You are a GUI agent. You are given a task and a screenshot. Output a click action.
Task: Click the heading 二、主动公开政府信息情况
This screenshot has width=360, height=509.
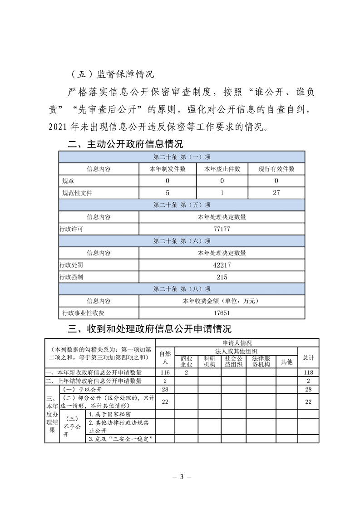(x=125, y=144)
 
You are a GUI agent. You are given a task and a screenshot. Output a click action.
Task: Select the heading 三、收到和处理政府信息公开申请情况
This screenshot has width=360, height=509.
(x=149, y=328)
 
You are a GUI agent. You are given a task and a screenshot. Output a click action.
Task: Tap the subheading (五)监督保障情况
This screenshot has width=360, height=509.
(x=113, y=74)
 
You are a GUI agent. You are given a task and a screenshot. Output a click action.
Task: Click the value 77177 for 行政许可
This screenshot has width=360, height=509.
(x=222, y=229)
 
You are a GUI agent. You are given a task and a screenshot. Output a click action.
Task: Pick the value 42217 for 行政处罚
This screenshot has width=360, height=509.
(x=222, y=265)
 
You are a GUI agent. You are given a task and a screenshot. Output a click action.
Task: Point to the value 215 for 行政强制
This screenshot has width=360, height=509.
(x=222, y=277)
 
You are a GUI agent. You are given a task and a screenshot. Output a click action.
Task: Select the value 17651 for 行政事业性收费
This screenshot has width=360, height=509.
(x=222, y=313)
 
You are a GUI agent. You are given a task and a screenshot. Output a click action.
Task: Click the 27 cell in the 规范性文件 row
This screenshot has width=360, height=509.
(x=276, y=193)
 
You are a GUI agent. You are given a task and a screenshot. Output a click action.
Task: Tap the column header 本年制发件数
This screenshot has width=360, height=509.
(x=168, y=169)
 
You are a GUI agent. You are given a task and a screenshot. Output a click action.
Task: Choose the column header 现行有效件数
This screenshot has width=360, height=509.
(x=276, y=169)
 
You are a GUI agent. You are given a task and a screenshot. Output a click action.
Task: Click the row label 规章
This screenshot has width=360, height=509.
(x=68, y=181)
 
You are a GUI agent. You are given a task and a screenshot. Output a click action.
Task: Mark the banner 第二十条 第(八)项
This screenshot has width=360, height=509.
(x=182, y=289)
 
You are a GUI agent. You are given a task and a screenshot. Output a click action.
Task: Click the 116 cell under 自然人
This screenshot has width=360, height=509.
(x=165, y=372)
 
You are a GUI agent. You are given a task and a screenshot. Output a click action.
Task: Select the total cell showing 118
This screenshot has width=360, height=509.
(x=308, y=372)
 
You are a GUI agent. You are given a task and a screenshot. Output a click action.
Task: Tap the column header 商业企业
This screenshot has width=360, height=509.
(x=186, y=361)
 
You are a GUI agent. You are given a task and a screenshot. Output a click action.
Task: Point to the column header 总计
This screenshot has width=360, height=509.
(x=308, y=358)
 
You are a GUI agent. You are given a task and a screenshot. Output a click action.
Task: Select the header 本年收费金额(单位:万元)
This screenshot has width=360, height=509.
(x=222, y=301)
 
